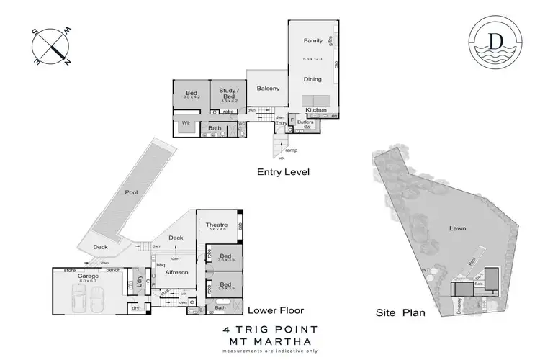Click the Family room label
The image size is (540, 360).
click(x=312, y=41)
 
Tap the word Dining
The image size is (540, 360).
click(x=312, y=80)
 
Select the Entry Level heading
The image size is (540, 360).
click(x=283, y=173)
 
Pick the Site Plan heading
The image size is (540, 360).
click(x=401, y=312)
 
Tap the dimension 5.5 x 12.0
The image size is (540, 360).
click(x=312, y=58)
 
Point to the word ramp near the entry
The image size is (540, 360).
click(x=291, y=150)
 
